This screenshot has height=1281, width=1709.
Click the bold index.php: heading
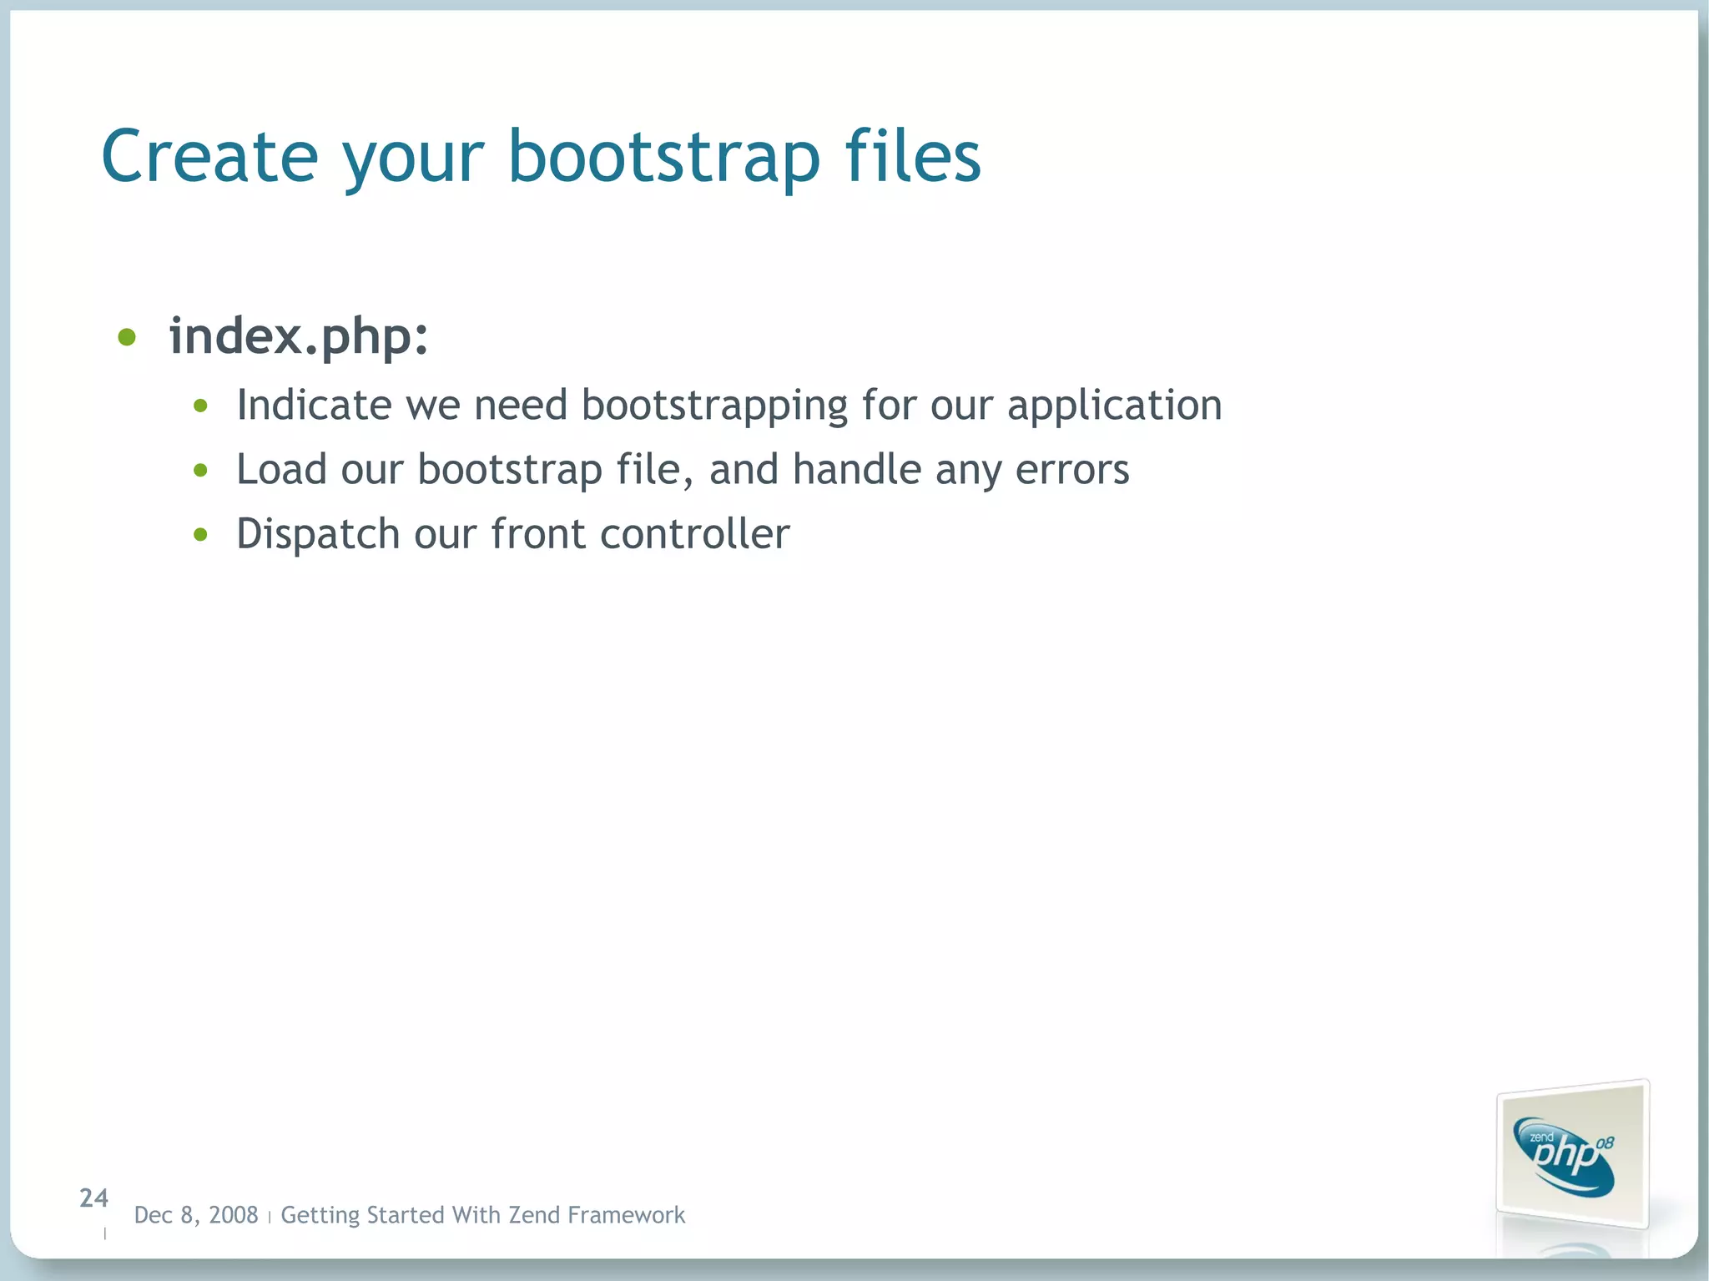coord(299,336)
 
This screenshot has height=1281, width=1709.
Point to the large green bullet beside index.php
coord(127,337)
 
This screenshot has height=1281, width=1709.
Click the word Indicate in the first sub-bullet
coord(314,406)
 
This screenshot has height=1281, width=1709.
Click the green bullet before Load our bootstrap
coord(200,471)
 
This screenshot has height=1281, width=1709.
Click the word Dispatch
coord(318,535)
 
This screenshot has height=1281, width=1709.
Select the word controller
coord(694,534)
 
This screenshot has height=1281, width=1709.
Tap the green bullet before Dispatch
coord(200,535)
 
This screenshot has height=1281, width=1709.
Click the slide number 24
coord(93,1198)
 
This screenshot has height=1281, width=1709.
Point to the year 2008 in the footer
coord(233,1215)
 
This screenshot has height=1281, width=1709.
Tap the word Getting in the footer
coord(320,1216)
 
